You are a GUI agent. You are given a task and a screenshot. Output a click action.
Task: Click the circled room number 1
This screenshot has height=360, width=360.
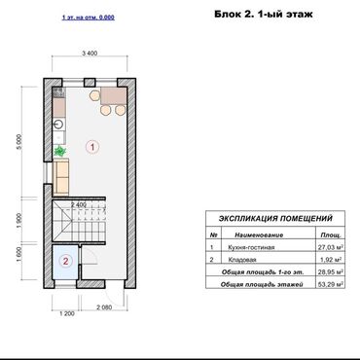point(92,148)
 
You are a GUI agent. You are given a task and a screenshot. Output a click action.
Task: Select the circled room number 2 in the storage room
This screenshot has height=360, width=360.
point(64,260)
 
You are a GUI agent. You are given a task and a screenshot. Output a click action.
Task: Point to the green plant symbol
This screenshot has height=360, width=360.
point(60,152)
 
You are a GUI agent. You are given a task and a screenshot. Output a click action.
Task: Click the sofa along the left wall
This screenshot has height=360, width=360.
point(60,178)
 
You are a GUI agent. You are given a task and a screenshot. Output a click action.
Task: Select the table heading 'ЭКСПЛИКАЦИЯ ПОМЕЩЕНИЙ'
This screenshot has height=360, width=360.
point(275,220)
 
